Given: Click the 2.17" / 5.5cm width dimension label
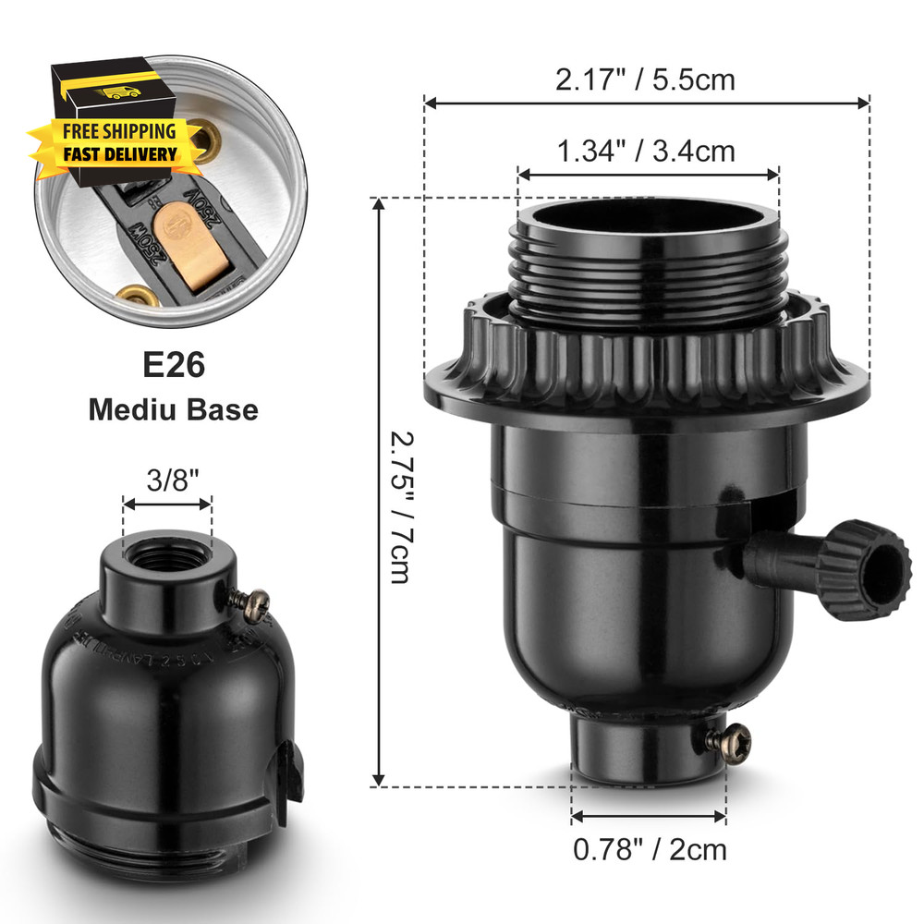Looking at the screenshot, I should pyautogui.click(x=645, y=79).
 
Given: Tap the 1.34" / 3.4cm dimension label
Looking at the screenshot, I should pyautogui.click(x=645, y=150).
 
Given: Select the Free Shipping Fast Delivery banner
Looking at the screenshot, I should pyautogui.click(x=118, y=142).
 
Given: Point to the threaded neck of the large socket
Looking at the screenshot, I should pyautogui.click(x=647, y=277).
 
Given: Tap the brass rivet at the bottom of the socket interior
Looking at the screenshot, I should pyautogui.click(x=136, y=298).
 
